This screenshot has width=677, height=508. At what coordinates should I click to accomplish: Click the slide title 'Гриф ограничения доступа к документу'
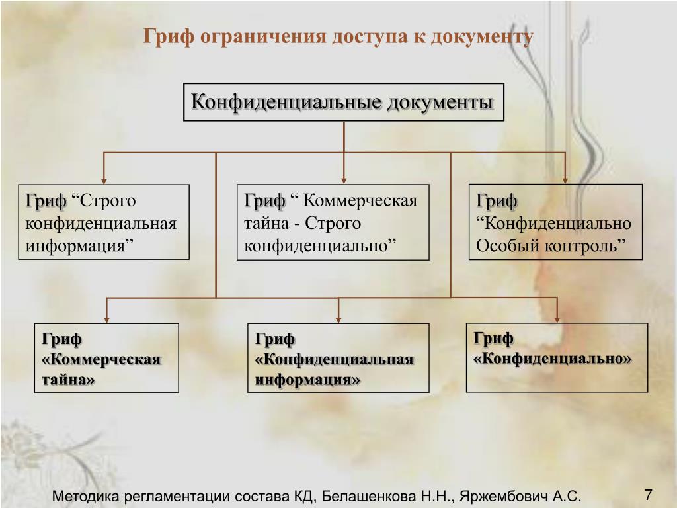pyautogui.click(x=338, y=36)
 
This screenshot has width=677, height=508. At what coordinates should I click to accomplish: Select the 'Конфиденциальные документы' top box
pyautogui.click(x=343, y=102)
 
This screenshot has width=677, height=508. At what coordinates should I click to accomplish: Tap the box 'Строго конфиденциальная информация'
pyautogui.click(x=104, y=222)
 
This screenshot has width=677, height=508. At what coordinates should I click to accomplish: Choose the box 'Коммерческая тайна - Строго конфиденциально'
pyautogui.click(x=333, y=222)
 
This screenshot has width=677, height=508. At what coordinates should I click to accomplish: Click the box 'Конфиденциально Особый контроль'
pyautogui.click(x=555, y=222)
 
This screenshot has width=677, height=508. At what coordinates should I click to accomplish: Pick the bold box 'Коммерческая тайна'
pyautogui.click(x=106, y=358)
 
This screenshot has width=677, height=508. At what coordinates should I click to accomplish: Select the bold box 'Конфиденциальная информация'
pyautogui.click(x=338, y=358)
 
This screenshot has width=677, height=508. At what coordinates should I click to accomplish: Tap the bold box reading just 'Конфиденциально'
pyautogui.click(x=557, y=357)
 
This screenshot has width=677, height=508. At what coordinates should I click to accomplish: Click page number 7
pyautogui.click(x=648, y=495)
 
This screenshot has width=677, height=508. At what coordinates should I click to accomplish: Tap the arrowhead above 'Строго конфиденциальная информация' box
pyautogui.click(x=103, y=179)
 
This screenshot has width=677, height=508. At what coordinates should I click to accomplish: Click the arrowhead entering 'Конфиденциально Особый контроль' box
pyautogui.click(x=566, y=179)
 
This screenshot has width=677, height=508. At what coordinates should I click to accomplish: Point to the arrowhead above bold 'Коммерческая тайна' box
pyautogui.click(x=106, y=319)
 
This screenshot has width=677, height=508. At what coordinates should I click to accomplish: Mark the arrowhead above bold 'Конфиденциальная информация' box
pyautogui.click(x=338, y=319)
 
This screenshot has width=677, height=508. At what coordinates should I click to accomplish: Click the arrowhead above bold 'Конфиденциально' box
pyautogui.click(x=557, y=319)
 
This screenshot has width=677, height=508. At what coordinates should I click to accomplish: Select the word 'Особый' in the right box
pyautogui.click(x=508, y=245)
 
